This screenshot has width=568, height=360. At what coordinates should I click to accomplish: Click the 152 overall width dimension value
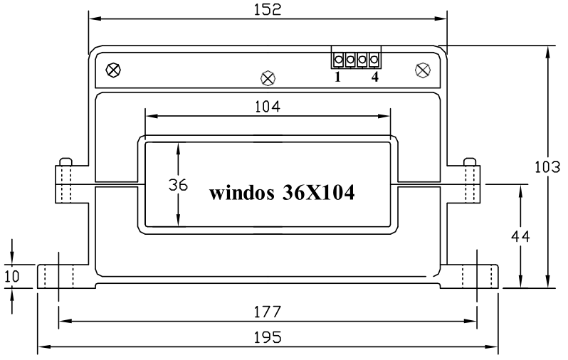click(268, 9)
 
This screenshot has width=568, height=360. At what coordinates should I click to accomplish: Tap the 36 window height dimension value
click(178, 185)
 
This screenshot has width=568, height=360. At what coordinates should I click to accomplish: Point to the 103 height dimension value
click(549, 166)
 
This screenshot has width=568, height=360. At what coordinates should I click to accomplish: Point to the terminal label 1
click(337, 77)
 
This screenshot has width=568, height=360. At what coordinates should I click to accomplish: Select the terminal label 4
click(374, 77)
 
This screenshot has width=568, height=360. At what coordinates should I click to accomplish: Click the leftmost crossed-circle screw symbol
click(112, 70)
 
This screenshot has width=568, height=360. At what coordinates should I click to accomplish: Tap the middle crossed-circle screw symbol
click(268, 77)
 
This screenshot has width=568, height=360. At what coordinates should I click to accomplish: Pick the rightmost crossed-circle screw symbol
click(422, 70)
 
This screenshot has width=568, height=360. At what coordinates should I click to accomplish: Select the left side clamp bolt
click(65, 181)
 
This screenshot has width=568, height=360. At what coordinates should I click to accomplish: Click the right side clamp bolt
click(470, 181)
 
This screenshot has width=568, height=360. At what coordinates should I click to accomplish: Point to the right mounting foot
click(473, 276)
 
